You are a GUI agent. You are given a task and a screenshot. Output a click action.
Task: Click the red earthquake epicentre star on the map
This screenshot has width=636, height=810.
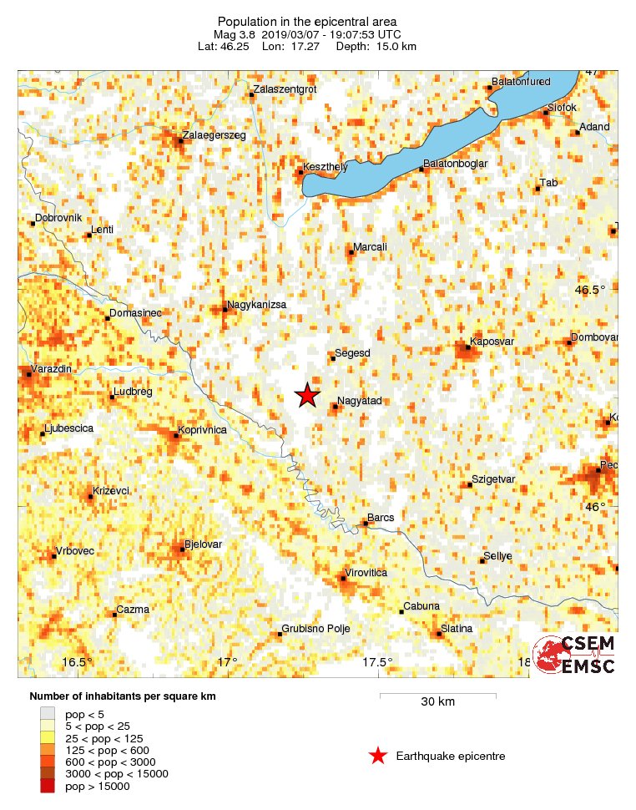click(x=307, y=396)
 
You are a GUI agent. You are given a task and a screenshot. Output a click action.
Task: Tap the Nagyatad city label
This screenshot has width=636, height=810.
click(x=359, y=402)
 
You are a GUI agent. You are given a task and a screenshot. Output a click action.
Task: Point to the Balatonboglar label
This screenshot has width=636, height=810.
click(x=455, y=164)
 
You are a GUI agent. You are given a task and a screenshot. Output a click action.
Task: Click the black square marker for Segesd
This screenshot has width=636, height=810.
click(x=332, y=359)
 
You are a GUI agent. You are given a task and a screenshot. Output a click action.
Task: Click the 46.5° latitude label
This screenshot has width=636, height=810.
click(x=590, y=291)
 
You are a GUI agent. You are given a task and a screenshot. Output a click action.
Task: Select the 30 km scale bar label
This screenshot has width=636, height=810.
click(x=437, y=701)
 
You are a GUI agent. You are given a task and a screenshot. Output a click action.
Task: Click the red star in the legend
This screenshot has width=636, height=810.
click(x=377, y=757)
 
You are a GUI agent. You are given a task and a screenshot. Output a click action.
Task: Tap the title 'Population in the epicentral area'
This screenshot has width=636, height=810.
click(x=307, y=22)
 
